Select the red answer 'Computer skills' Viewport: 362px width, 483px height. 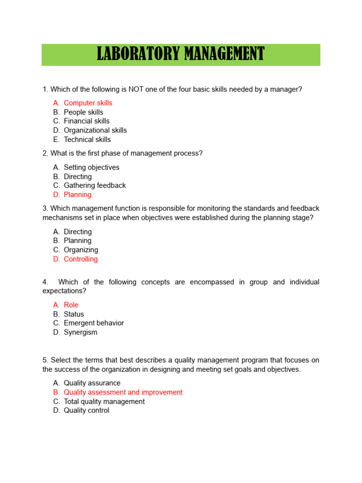pos(88,103)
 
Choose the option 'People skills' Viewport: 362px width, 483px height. pos(83,112)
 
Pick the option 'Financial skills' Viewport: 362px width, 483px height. pos(87,121)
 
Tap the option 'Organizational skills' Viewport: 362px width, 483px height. pos(95,130)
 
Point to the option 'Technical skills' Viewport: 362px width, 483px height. pos(87,140)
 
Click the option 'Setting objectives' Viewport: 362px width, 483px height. pos(91,167)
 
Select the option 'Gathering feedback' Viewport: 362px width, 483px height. pos(95,185)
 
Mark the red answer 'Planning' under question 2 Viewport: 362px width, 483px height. pos(78,195)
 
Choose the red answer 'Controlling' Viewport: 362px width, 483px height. pos(81,259)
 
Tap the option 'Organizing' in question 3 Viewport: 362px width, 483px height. pos(81,250)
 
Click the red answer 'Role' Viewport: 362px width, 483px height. pos(71,305)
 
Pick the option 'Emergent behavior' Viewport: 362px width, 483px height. pos(94,323)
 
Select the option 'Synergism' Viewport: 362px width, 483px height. pos(81,332)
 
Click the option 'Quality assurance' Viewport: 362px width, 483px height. pos(92,383)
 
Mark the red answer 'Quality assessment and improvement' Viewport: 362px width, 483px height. pos(123,392)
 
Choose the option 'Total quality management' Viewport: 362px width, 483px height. pos(104,401)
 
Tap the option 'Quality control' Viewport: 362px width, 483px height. pos(86,410)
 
